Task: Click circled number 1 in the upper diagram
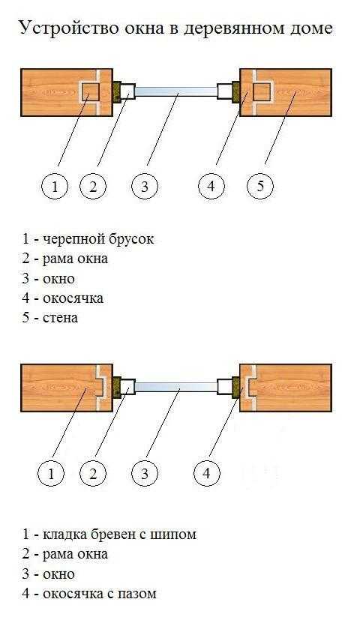[x=55, y=186]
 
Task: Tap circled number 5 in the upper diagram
[x=260, y=186]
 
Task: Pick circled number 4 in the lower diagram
[x=207, y=474]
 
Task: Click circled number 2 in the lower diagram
[x=93, y=474]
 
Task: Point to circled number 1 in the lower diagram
[x=51, y=474]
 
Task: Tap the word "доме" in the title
[x=310, y=29]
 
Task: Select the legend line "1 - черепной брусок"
[x=88, y=239]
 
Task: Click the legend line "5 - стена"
[x=50, y=318]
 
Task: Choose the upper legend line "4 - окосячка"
[x=63, y=298]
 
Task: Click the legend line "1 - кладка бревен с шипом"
[x=109, y=535]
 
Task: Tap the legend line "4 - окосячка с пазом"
[x=89, y=594]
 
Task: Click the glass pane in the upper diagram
[x=175, y=91]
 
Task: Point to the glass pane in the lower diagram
[x=175, y=388]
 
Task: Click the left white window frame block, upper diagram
[x=128, y=91]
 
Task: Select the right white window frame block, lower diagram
[x=224, y=388]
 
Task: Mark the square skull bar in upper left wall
[x=91, y=91]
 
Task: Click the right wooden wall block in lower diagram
[x=286, y=388]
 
